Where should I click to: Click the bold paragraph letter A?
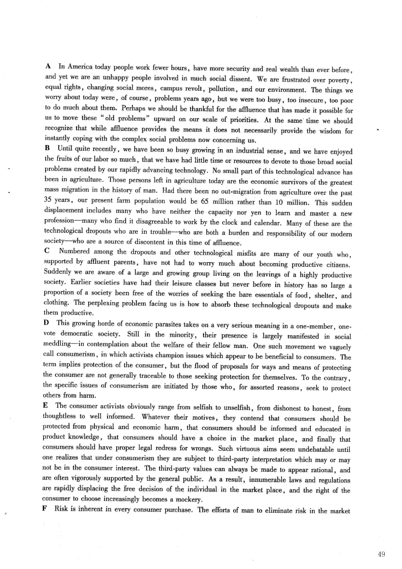click(48, 66)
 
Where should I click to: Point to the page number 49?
click(382, 554)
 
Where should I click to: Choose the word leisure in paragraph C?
click(175, 285)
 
